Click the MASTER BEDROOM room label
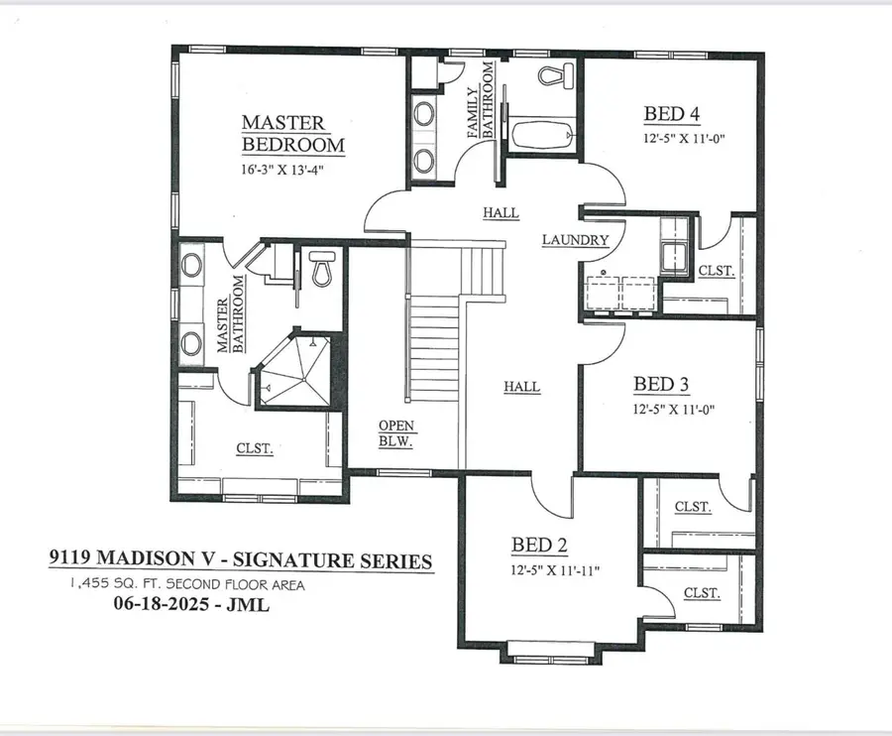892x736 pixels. point(293,134)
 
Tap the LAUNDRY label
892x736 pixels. point(575,240)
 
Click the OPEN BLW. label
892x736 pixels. point(396,433)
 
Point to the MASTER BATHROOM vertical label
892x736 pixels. point(231,314)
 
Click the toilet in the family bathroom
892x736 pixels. point(550,74)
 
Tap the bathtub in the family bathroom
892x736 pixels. point(541,132)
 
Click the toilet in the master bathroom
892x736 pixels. point(320,268)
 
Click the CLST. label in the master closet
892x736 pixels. point(255,448)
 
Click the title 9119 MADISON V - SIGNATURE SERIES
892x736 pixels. point(241,561)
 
